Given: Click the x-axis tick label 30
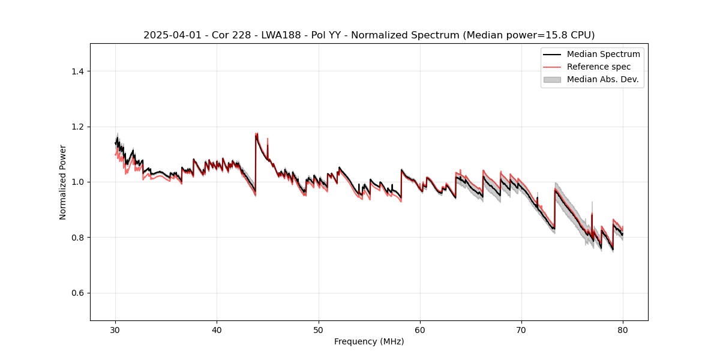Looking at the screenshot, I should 116,329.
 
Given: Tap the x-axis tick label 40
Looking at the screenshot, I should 217,329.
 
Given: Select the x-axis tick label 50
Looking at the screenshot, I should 319,329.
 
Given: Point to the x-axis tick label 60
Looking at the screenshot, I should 420,329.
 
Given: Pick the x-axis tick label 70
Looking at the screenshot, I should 521,329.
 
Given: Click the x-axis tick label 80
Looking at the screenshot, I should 623,329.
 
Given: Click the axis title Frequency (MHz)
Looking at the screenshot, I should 369,341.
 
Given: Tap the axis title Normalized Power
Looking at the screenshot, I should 63,182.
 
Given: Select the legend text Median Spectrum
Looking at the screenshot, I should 603,54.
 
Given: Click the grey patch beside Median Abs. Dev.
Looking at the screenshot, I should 552,79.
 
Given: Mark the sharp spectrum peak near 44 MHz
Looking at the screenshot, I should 256,134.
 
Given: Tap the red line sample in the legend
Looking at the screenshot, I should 552,67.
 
